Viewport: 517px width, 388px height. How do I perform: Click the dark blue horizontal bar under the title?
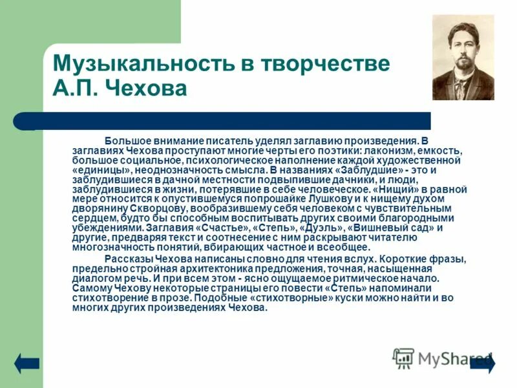click(220, 121)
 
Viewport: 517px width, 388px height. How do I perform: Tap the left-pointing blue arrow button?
click(27, 363)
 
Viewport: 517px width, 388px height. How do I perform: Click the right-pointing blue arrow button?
click(483, 363)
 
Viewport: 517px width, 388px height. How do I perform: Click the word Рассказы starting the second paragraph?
click(129, 259)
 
